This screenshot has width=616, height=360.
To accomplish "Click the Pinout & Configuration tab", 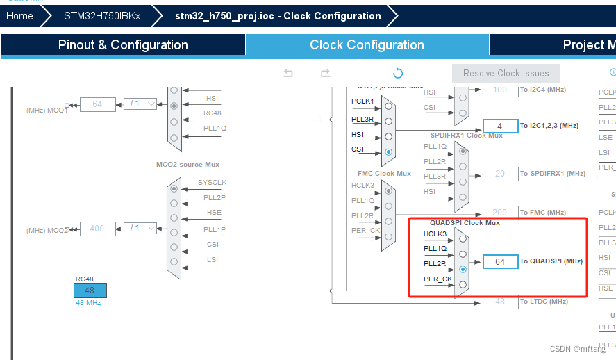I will click(x=123, y=45).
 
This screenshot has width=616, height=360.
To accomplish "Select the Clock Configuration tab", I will click(x=367, y=45).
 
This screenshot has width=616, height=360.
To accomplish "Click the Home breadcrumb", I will click(x=19, y=15).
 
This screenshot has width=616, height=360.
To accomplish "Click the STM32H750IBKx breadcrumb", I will click(x=101, y=15).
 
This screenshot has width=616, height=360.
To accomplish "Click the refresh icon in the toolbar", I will click(x=398, y=73).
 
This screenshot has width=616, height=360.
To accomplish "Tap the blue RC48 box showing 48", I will click(x=90, y=291).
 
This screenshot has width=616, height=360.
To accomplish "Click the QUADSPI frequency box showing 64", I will click(x=500, y=261).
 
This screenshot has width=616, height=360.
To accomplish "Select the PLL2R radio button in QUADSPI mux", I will click(x=463, y=269).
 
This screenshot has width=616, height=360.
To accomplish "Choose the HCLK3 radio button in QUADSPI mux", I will click(x=463, y=238).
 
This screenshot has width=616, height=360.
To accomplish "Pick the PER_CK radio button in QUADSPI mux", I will click(x=463, y=284).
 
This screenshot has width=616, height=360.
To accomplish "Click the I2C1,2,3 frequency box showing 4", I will click(x=500, y=126).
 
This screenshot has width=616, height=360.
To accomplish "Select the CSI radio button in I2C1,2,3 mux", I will click(x=388, y=152).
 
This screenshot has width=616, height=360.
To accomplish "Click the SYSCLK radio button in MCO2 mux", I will click(x=174, y=188).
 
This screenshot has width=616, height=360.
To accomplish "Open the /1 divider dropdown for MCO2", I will click(x=140, y=228).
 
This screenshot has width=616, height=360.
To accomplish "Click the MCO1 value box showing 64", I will click(x=97, y=104).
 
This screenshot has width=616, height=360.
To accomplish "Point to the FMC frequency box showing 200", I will click(x=500, y=213).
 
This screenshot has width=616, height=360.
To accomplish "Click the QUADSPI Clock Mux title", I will click(x=464, y=223).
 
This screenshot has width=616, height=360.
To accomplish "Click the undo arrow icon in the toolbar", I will click(x=288, y=73).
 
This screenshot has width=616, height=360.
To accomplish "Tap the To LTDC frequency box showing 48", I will click(x=500, y=302).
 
